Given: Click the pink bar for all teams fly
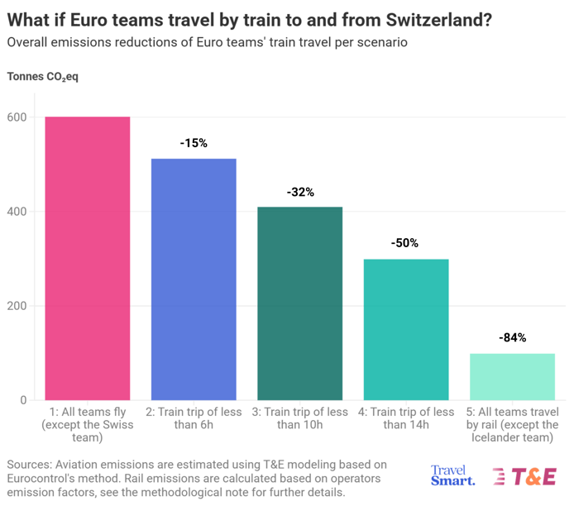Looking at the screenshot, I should coord(88,258).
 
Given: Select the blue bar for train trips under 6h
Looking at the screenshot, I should coord(194,279).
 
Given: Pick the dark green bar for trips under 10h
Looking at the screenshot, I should coord(299,303).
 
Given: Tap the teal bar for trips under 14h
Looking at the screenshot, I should coord(405,329).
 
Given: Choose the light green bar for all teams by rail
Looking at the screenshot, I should coord(512,376).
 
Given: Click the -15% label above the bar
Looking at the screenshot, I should coord(194,143).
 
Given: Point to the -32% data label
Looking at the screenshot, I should coord(300,192).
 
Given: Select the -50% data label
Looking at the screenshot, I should coord(405,243).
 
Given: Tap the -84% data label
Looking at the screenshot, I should coord(512,337).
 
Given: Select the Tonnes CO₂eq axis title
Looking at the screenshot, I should coord(43,77).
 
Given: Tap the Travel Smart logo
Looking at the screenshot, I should coord(453,475).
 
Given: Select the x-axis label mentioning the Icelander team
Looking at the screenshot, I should coord(512,425).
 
